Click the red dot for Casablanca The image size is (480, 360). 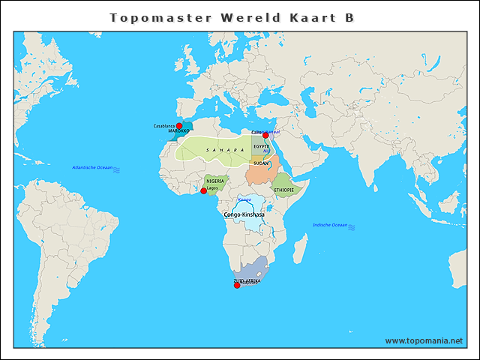(x=179, y=126)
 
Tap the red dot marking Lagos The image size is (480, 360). (x=203, y=190)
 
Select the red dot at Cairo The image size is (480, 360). (x=265, y=135)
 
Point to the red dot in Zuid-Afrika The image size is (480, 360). (x=237, y=285)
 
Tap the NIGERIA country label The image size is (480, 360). (x=214, y=181)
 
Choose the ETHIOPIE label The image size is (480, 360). (x=284, y=190)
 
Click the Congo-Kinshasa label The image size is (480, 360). (x=244, y=214)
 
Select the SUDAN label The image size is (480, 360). (x=261, y=163)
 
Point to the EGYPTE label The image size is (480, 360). (x=261, y=146)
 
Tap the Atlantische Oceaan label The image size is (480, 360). (x=92, y=166)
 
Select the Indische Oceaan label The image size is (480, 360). (x=330, y=225)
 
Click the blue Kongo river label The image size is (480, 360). (x=244, y=199)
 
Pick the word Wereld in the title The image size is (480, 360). (x=242, y=17)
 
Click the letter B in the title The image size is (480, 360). (x=349, y=17)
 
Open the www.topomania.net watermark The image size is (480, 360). (x=424, y=340)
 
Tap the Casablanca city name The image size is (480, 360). (x=165, y=125)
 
